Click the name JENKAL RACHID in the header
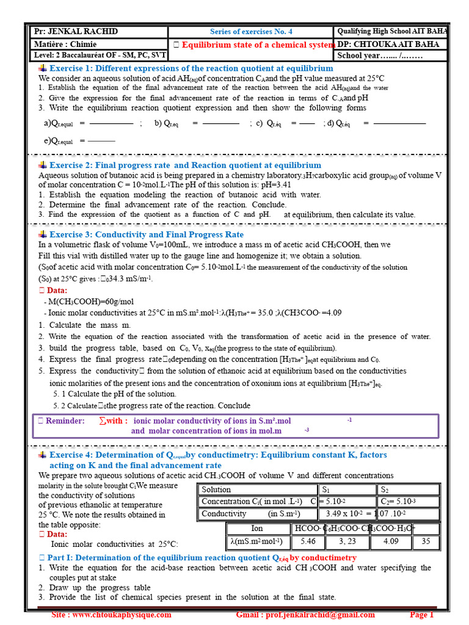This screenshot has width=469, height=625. (76, 32)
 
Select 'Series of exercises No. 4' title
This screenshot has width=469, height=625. (251, 32)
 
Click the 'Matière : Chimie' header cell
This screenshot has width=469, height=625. (62, 44)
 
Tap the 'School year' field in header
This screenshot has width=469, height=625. (380, 56)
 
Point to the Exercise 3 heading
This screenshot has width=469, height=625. (146, 234)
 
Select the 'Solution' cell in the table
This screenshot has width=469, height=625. (216, 490)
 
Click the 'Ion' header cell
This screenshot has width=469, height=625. (257, 529)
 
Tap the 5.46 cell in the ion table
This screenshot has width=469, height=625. (308, 541)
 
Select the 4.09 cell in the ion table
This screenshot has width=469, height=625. (391, 541)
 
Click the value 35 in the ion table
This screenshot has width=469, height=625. (426, 541)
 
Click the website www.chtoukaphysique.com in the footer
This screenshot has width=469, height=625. (111, 615)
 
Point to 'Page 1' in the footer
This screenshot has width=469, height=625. (422, 615)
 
